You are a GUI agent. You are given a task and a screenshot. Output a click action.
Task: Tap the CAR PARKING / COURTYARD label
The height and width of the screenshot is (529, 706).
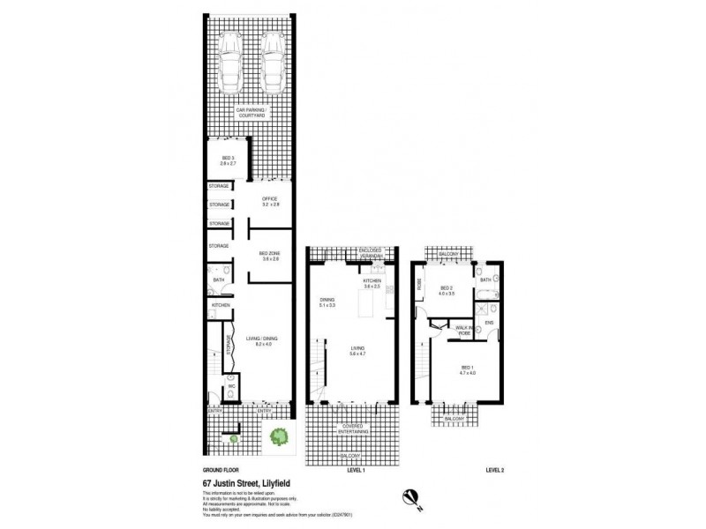(251, 114)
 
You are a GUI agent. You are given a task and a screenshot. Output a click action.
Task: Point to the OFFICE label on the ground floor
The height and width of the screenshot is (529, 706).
(270, 201)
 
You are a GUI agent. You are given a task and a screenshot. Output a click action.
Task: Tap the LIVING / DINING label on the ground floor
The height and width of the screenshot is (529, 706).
(267, 344)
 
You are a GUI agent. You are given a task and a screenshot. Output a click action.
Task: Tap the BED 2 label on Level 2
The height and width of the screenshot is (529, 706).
(446, 293)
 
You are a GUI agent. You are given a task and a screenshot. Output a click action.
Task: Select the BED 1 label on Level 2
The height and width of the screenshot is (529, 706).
(466, 370)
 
